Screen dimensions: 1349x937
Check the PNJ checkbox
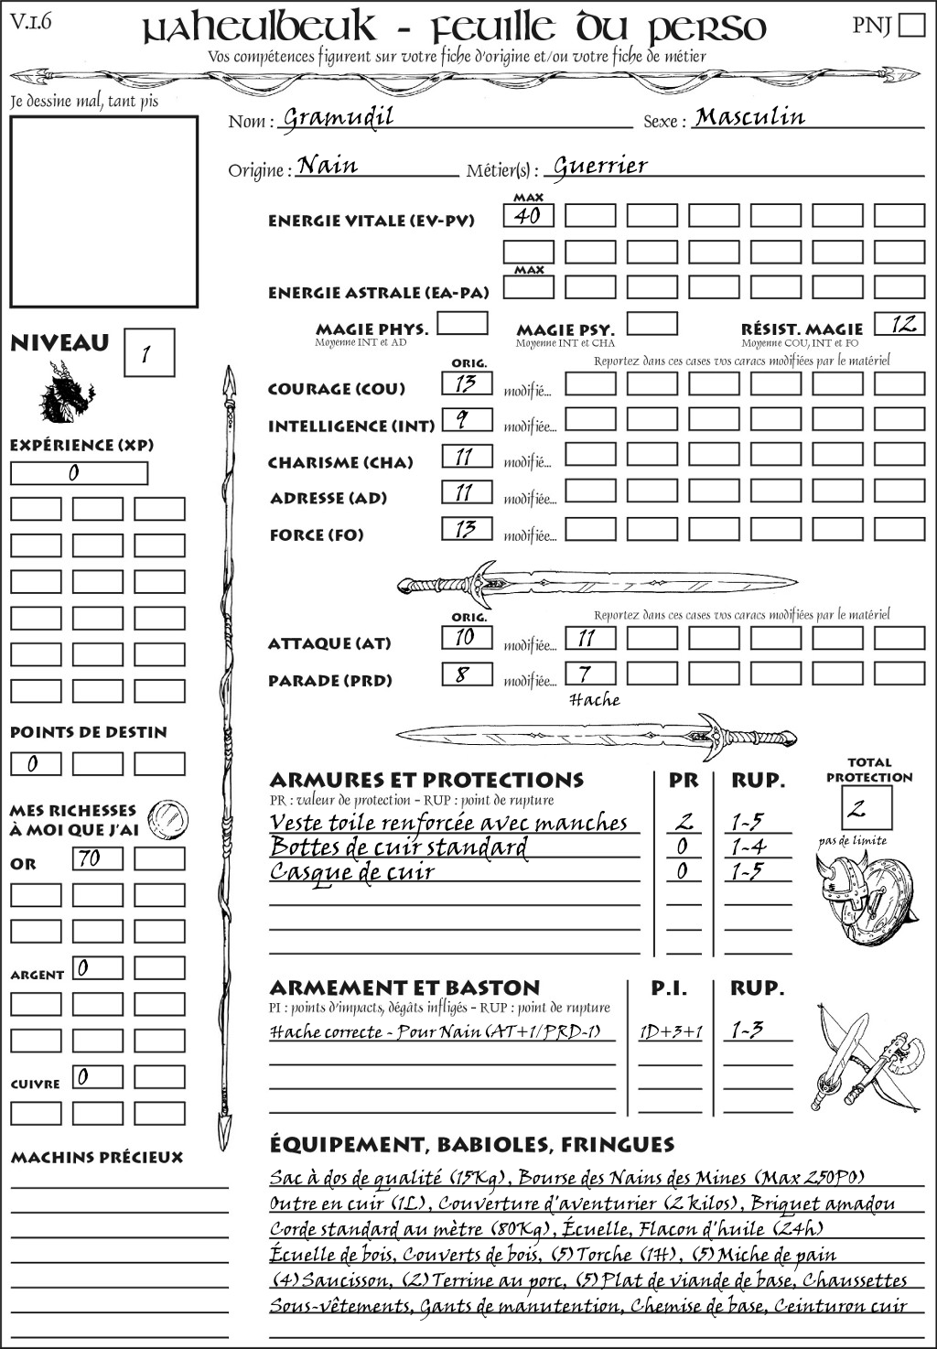point(911,24)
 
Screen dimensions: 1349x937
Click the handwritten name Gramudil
point(338,117)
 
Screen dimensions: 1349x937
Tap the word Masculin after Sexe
point(749,116)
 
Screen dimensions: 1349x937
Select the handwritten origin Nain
point(328,166)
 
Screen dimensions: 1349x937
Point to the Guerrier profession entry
point(600,166)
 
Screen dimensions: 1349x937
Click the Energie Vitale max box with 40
point(528,216)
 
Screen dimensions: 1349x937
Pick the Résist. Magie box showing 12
point(899,324)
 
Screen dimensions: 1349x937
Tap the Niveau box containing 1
point(148,353)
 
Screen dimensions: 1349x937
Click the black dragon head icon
point(65,393)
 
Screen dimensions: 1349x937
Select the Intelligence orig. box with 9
point(467,420)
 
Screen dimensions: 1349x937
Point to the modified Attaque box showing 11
point(589,638)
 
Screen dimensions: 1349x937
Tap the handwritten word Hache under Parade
point(594,700)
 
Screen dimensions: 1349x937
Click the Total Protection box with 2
point(867,808)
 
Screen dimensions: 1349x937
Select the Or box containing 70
point(97,858)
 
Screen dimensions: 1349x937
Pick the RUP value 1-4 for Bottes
point(748,847)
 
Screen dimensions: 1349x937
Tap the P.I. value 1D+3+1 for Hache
point(670,1031)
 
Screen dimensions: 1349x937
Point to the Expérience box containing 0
point(79,473)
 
